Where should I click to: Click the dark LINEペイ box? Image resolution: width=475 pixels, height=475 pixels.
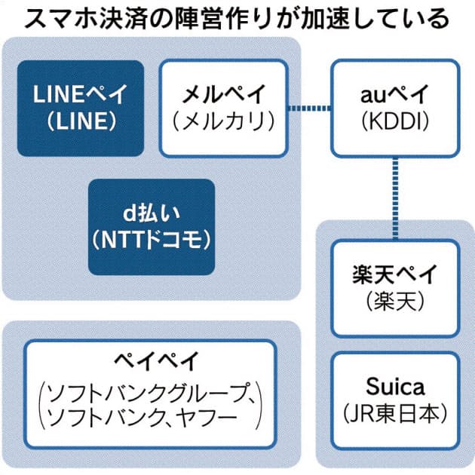(81, 108)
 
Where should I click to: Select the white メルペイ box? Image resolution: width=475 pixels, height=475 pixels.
(223, 108)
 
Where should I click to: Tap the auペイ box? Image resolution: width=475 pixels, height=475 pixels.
(395, 108)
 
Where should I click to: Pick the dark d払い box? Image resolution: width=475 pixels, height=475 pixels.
(152, 226)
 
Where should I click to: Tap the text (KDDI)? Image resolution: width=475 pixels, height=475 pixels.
(395, 121)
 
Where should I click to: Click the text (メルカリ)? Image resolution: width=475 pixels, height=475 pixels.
(223, 121)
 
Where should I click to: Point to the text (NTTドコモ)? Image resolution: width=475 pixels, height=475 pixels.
(152, 241)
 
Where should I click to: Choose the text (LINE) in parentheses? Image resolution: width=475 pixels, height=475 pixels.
(81, 122)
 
